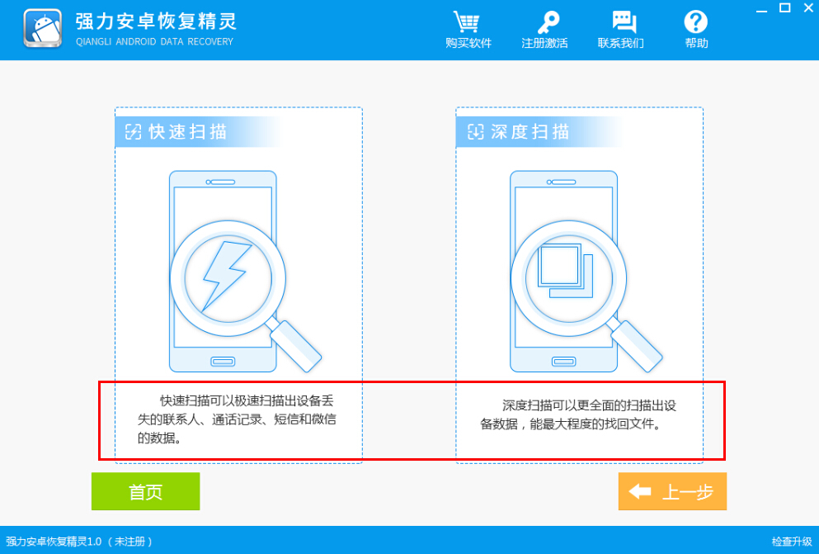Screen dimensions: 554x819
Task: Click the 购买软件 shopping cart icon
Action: point(468,22)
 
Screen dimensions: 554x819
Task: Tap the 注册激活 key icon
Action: point(544,22)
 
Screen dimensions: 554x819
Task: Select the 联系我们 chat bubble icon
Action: point(621,22)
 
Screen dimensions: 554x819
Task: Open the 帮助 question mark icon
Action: point(696,22)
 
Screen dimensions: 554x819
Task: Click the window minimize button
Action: point(763,9)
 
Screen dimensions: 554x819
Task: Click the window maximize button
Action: point(784,8)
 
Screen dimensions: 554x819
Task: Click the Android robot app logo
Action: point(43,30)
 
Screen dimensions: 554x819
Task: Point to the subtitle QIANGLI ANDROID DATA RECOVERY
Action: point(154,42)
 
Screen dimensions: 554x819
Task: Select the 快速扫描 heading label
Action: point(187,132)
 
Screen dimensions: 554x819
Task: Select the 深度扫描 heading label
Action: point(530,132)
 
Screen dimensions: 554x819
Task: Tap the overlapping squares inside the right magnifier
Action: point(566,272)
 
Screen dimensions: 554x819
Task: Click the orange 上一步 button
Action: point(672,492)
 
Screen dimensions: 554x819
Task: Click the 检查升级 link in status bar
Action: point(792,542)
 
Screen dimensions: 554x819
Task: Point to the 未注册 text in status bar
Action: point(131,542)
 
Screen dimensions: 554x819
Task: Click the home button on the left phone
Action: point(223,361)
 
